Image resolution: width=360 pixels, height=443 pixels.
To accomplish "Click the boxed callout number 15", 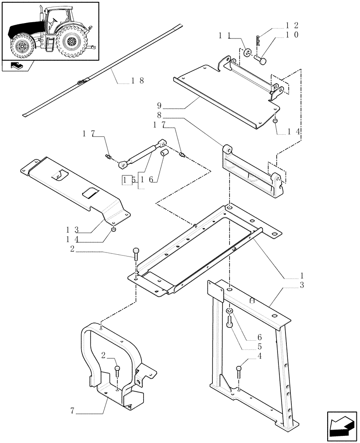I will click(x=128, y=180).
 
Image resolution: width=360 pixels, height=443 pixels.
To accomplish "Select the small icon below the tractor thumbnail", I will click(x=17, y=67).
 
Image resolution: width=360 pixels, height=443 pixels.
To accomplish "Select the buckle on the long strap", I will click(x=82, y=82).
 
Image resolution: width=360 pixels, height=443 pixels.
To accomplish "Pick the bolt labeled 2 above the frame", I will click(x=135, y=254).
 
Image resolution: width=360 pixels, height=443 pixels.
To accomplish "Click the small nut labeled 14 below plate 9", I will click(x=275, y=121).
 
